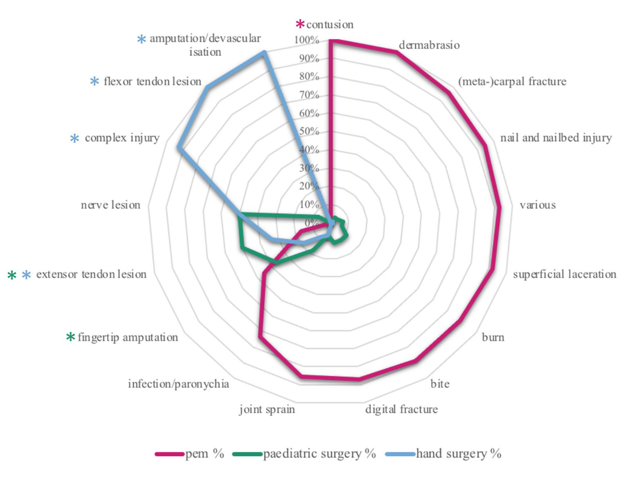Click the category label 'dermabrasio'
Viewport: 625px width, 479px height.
tap(429, 45)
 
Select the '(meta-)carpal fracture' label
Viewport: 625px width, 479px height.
tap(512, 82)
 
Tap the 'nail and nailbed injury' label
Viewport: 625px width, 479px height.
tap(555, 138)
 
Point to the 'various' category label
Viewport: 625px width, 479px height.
tap(537, 205)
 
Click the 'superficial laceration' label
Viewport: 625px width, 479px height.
tap(564, 274)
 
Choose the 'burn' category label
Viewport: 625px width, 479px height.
tap(492, 337)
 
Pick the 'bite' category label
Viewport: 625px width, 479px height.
tap(440, 384)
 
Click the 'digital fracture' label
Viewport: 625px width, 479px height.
tap(401, 409)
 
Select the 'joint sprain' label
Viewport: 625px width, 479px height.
tap(267, 409)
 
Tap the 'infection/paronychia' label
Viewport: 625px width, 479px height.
tap(179, 385)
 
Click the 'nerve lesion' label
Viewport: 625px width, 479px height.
tap(110, 205)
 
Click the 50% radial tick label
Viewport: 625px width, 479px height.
tap(308, 131)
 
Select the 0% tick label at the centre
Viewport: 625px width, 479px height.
tap(311, 223)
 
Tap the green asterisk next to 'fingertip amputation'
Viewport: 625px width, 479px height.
tap(70, 338)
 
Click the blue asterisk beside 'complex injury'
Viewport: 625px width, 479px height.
tap(76, 139)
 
